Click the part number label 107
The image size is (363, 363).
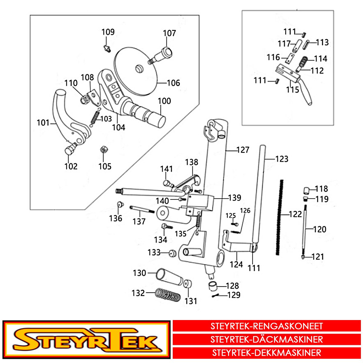169,33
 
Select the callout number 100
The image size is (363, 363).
164,101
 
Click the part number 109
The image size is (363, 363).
108,32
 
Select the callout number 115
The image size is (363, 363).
293,90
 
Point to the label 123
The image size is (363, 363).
282,159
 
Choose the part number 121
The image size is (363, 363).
318,257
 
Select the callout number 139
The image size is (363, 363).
234,198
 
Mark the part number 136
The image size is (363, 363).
116,218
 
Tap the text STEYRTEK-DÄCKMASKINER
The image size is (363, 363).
267,339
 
